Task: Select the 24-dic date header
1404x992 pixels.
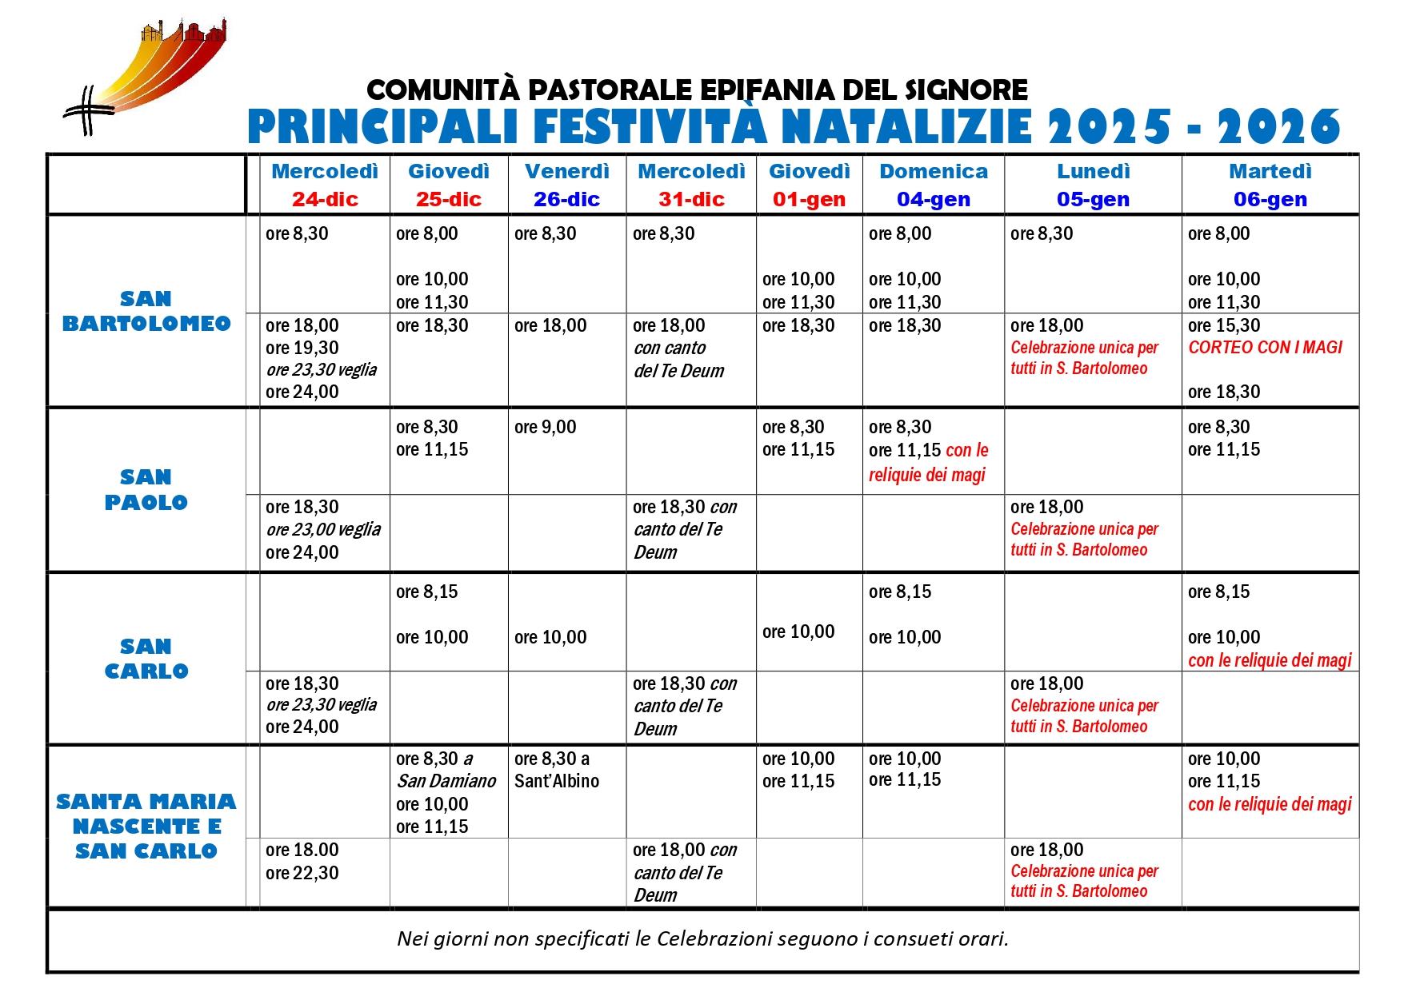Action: (x=325, y=199)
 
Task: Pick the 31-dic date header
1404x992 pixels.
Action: (x=691, y=199)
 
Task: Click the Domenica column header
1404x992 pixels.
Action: (x=933, y=171)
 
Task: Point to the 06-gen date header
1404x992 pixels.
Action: (x=1270, y=199)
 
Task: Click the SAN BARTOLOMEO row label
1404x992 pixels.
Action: (x=146, y=311)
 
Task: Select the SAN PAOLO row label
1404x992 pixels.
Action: (x=146, y=489)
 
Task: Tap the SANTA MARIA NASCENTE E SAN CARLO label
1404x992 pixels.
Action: (x=146, y=826)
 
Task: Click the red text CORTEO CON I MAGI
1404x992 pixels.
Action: (x=1265, y=347)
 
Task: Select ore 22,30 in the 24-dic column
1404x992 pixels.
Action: (x=302, y=873)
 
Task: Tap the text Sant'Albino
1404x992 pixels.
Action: (x=557, y=781)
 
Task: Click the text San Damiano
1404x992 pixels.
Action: (x=446, y=781)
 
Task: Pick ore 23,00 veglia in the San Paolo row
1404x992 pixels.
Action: (x=323, y=529)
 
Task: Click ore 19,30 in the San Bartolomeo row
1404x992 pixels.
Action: (x=302, y=348)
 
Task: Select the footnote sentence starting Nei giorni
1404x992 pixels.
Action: (x=702, y=938)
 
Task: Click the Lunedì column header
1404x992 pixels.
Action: (x=1093, y=171)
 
